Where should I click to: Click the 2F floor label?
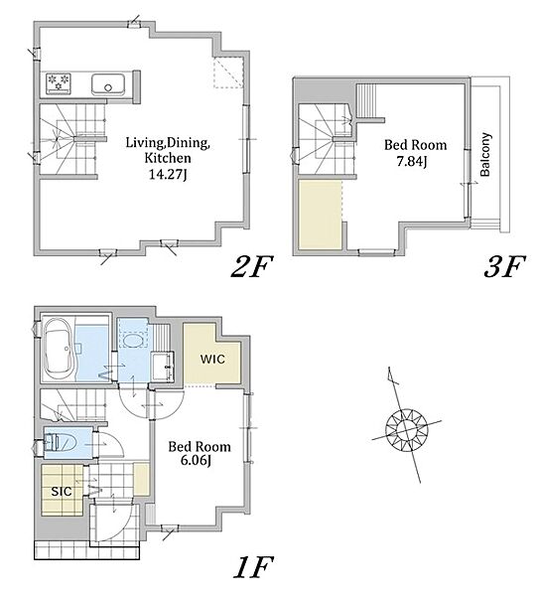252,266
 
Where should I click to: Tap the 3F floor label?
504,266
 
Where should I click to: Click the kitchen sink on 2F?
108,84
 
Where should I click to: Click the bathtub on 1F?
59,349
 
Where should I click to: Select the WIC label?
212,360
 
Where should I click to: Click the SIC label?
62,492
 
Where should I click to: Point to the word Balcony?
485,154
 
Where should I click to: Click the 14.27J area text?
168,175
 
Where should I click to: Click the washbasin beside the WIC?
162,366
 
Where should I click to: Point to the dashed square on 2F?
228,73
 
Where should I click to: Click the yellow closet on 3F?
321,216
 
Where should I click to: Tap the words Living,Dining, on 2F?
168,143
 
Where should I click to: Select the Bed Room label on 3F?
415,145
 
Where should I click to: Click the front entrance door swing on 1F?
113,521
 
